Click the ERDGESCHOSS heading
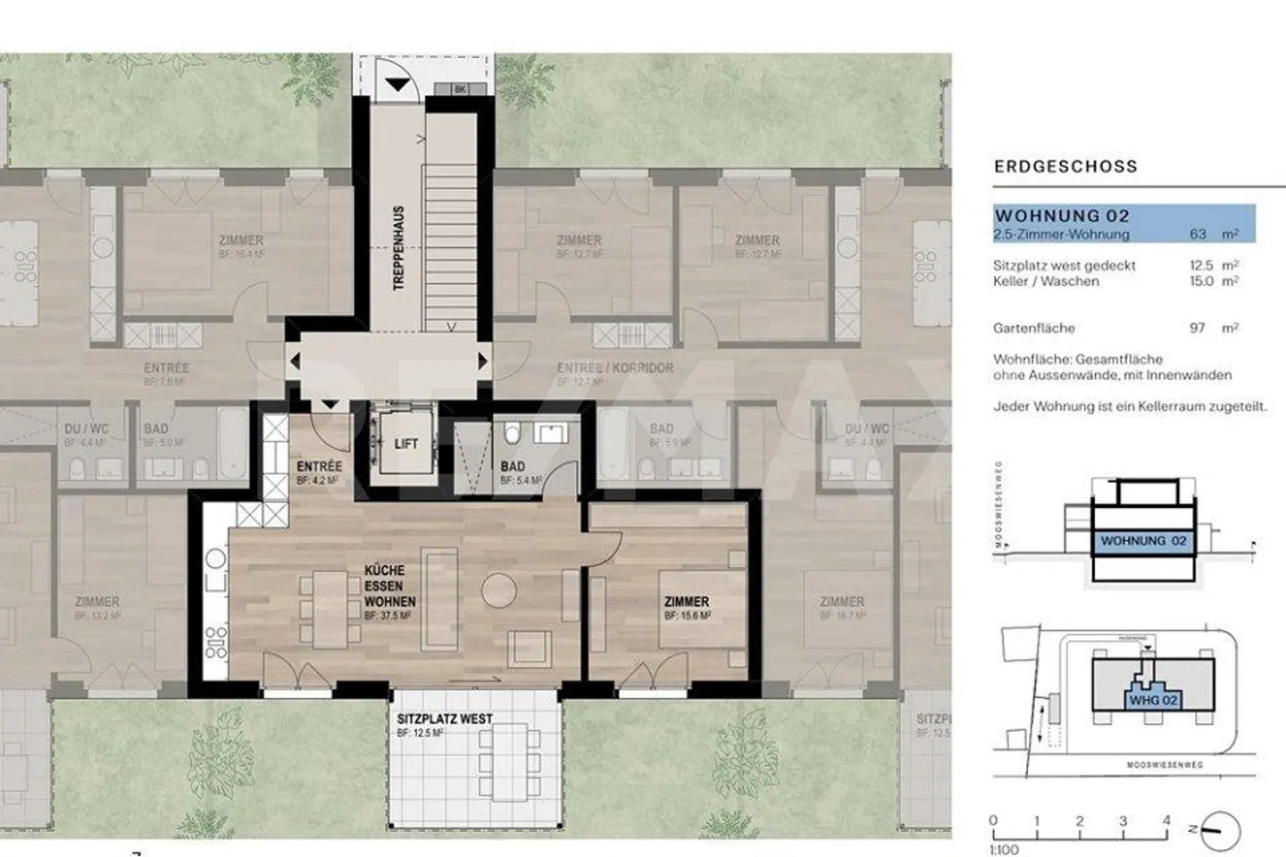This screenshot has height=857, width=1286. coord(1065,166)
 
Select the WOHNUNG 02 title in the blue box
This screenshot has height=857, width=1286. coord(1062,216)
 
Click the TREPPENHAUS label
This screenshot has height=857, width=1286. coord(398,248)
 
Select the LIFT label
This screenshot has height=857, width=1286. coord(405,443)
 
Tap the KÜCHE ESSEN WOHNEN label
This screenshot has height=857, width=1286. coord(388,586)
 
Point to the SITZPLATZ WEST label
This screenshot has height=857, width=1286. coord(444,719)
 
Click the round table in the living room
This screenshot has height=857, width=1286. coord(498,590)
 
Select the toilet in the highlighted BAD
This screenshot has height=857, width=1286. coord(513,435)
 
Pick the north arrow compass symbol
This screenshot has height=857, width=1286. coord(1220,830)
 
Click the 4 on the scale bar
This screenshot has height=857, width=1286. coord(1165,820)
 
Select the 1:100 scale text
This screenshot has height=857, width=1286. coord(1004,849)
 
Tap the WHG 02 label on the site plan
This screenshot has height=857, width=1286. coord(1152,700)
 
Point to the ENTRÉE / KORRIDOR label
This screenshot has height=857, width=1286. coord(614,368)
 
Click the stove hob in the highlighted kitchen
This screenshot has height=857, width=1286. coord(216,641)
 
